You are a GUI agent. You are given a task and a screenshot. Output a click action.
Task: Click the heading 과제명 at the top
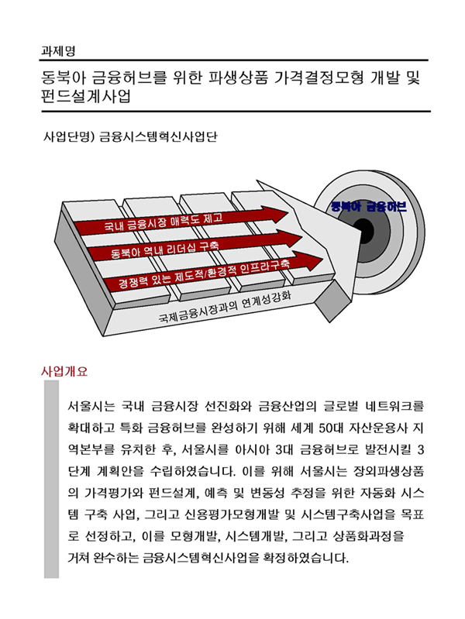coord(58,51)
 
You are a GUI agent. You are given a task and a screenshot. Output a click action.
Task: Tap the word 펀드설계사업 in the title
coord(86,96)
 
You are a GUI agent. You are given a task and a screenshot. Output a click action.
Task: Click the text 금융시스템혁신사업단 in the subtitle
coord(158,136)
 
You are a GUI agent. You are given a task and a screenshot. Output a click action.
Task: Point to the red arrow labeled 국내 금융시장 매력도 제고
coord(181,221)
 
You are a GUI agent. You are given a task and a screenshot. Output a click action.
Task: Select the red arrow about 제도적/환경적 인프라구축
coord(212,272)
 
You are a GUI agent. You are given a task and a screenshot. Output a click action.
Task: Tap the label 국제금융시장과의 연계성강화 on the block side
coord(225,307)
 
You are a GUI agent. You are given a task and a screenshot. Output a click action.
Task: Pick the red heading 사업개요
coord(64,372)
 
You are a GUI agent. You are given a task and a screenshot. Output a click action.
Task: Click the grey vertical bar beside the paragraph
coord(51,480)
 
